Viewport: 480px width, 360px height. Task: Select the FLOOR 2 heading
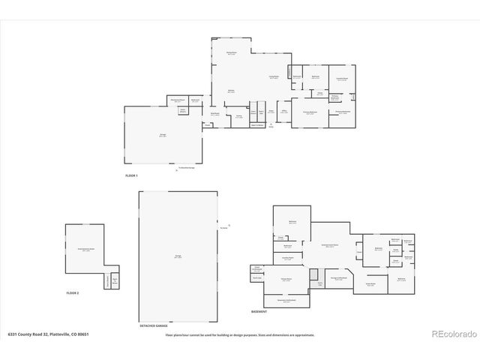(x=73, y=292)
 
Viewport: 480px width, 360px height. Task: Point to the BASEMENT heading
(x=259, y=310)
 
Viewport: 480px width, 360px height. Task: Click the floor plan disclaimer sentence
(x=240, y=335)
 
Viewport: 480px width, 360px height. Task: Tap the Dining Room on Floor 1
(x=232, y=52)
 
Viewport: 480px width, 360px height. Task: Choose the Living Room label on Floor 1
(x=264, y=77)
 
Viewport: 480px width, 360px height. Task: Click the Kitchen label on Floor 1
(x=232, y=91)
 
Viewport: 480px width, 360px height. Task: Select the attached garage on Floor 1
(x=163, y=135)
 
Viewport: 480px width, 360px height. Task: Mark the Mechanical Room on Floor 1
(x=178, y=100)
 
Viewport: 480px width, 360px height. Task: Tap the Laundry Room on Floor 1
(x=342, y=79)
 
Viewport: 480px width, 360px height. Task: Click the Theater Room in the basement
(x=286, y=279)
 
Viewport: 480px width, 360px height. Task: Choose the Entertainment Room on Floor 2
(x=85, y=249)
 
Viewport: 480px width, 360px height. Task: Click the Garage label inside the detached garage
(x=178, y=256)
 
